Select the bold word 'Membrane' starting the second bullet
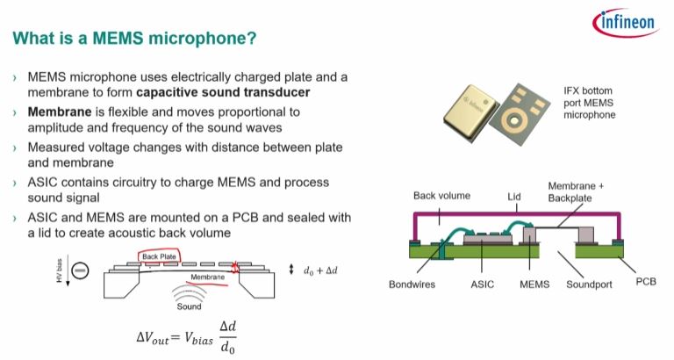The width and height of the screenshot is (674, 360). [x=61, y=112]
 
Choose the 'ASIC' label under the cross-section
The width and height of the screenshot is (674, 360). [x=483, y=284]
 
